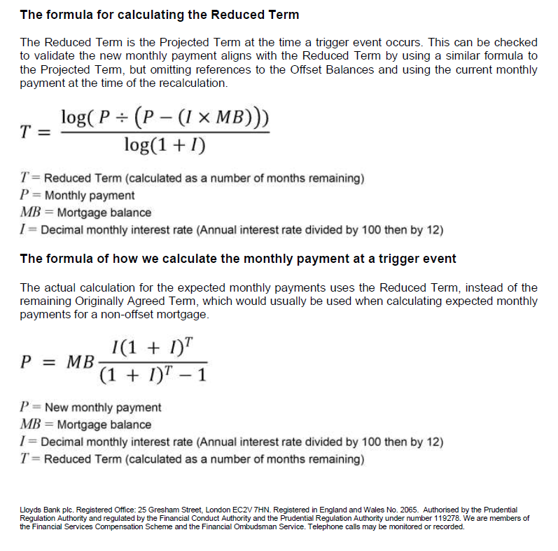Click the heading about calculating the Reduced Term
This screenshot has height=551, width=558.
click(x=159, y=15)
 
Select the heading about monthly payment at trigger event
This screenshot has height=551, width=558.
click(x=238, y=259)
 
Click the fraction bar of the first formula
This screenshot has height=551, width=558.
click(x=165, y=131)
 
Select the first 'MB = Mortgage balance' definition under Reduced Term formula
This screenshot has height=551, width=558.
click(x=85, y=212)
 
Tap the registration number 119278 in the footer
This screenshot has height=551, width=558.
click(x=448, y=519)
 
